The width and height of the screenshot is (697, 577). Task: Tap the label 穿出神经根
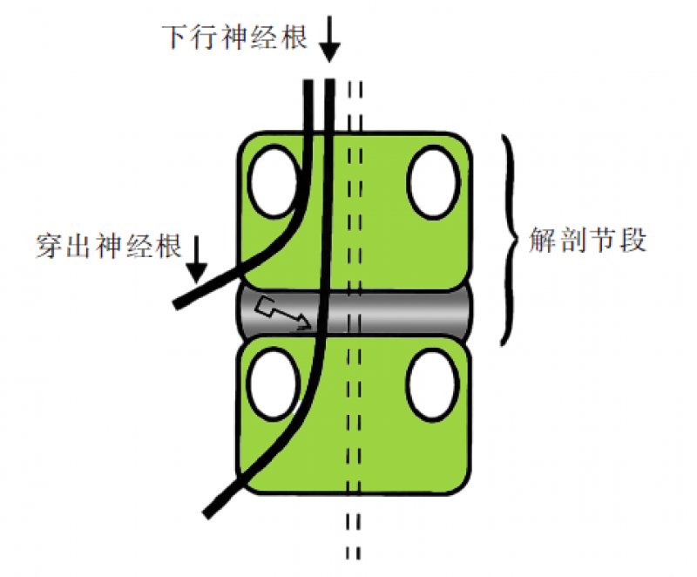point(109,247)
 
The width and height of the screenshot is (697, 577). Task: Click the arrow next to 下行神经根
point(328,39)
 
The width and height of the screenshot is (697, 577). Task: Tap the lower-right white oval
point(433,385)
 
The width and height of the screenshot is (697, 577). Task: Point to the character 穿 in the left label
point(50,247)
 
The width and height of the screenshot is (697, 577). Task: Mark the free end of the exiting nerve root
point(179,303)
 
